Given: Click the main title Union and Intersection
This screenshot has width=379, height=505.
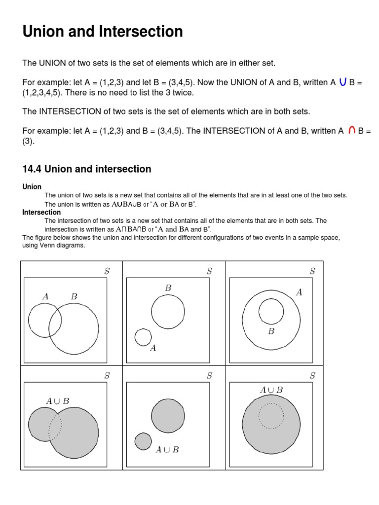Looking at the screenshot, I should [x=103, y=32].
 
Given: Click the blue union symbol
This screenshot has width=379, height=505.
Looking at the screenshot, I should [x=342, y=82].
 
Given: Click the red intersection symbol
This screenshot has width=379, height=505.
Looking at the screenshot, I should [x=352, y=131].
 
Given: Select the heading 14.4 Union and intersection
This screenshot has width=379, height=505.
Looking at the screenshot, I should [x=87, y=169].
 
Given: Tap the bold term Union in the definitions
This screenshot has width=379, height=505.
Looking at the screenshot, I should [x=32, y=187].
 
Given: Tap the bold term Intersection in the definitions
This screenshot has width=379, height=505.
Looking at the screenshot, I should [x=41, y=212].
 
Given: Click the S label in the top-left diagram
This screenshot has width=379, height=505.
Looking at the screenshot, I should [x=107, y=271].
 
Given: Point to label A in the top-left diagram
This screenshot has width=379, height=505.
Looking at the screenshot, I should [x=45, y=296].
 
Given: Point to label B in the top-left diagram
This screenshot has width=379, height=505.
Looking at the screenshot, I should [x=74, y=296].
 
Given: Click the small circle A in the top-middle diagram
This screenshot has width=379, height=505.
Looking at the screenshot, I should [x=143, y=337].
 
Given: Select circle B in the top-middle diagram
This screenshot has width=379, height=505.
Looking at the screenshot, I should [x=168, y=312].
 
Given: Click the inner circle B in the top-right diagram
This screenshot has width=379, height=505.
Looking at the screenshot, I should [x=271, y=312].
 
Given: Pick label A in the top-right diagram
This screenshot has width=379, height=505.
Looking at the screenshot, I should [x=299, y=292].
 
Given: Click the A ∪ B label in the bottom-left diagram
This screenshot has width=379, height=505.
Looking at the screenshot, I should [x=58, y=401].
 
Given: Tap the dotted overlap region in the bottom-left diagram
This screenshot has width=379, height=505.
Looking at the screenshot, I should [x=55, y=426].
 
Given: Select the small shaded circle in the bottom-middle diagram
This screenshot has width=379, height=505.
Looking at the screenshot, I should [x=143, y=441].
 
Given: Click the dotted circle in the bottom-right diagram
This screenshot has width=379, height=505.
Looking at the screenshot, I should [x=271, y=416].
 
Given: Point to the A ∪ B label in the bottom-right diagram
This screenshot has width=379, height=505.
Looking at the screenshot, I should [x=271, y=390].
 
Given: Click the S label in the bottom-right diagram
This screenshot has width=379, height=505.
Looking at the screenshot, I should [x=312, y=375].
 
